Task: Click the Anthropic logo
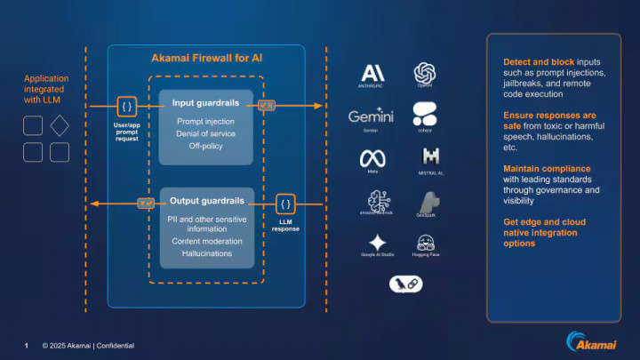[x=372, y=75]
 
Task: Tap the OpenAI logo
[x=424, y=73]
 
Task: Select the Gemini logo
[x=371, y=116]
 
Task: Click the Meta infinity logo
[x=372, y=157]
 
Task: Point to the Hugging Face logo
[x=424, y=242]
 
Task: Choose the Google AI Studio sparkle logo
[x=378, y=243]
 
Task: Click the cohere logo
[x=424, y=114]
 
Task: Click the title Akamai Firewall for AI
[x=206, y=59]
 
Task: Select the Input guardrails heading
[x=206, y=103]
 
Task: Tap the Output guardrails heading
[x=206, y=201]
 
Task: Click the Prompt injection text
[x=206, y=121]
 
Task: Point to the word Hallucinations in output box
[x=206, y=253]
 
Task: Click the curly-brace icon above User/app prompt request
[x=127, y=107]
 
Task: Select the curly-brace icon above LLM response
[x=285, y=204]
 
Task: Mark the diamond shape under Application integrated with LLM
[x=59, y=125]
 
